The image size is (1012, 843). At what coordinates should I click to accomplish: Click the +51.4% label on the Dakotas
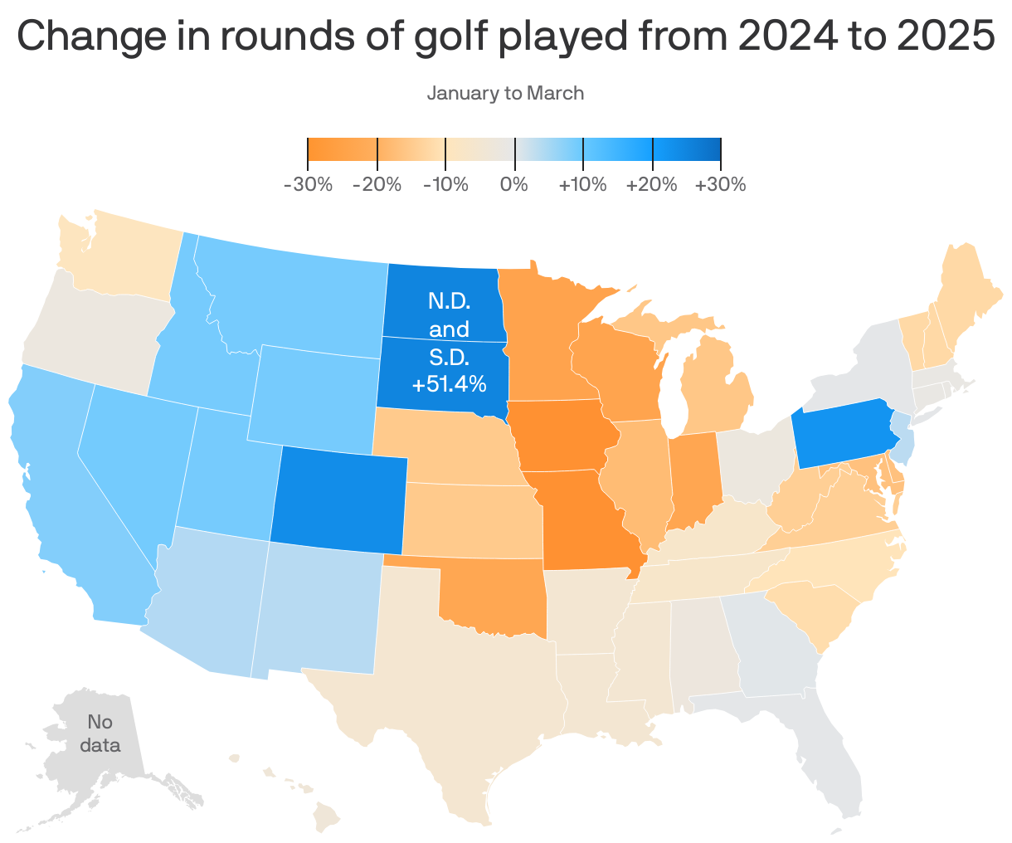click(x=449, y=385)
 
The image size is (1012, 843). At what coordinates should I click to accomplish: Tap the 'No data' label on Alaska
click(x=100, y=733)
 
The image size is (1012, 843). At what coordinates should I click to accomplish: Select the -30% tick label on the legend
click(x=308, y=184)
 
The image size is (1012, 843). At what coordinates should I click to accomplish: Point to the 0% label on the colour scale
click(x=514, y=184)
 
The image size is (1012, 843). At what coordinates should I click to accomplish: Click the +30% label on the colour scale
click(x=720, y=184)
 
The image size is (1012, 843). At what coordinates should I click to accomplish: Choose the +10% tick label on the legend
click(x=582, y=184)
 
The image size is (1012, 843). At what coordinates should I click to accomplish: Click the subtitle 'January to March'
click(x=505, y=93)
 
